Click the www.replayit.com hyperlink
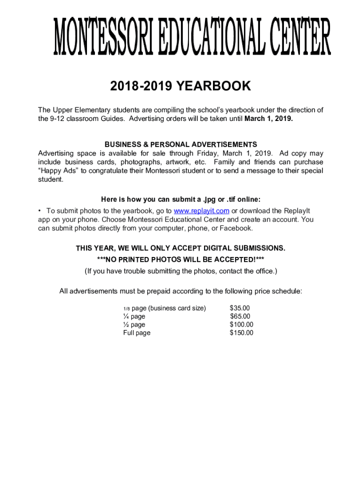click(202, 210)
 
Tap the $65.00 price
click(240, 316)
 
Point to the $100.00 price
click(242, 324)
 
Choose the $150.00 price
click(242, 333)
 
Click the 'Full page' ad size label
click(137, 333)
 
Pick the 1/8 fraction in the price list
click(126, 309)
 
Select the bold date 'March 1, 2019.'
click(268, 119)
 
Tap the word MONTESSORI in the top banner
click(101, 37)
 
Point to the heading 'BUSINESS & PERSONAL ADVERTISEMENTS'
click(181, 144)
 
